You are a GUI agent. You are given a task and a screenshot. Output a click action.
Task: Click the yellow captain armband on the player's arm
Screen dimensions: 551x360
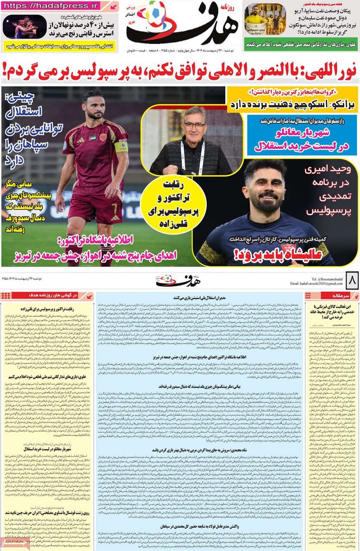pos(121,147)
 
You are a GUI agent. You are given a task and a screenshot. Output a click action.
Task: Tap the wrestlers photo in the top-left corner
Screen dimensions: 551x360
pos(25,27)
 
